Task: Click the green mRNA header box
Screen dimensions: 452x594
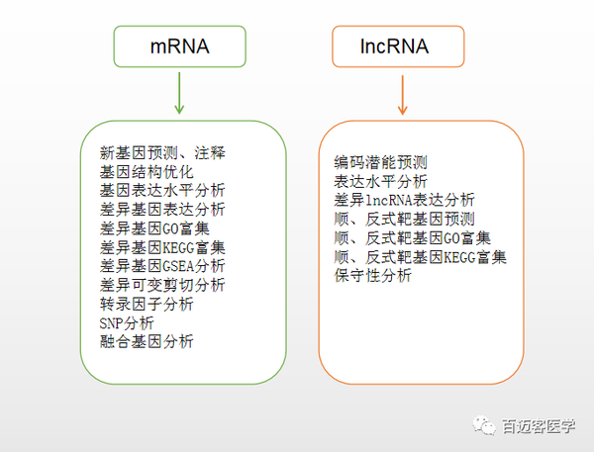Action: pos(177,46)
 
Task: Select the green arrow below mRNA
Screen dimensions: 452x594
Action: pos(178,94)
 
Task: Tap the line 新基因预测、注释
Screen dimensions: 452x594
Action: pos(162,153)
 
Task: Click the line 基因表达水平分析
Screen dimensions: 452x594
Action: pos(162,191)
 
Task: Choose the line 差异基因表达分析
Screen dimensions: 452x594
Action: pos(162,210)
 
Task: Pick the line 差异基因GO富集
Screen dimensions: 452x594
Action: pos(154,228)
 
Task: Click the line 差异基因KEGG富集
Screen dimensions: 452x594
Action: pos(162,247)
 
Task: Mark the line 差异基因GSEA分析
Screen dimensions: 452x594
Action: pos(162,266)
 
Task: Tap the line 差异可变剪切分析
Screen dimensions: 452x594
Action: pos(162,285)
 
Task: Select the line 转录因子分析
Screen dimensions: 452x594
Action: pos(147,304)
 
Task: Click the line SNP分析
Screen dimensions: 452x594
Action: pos(127,322)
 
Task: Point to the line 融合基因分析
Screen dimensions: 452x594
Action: pos(147,341)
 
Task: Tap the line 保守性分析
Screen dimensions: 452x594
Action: pos(373,276)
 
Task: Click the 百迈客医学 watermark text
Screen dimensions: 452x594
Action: pos(538,424)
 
